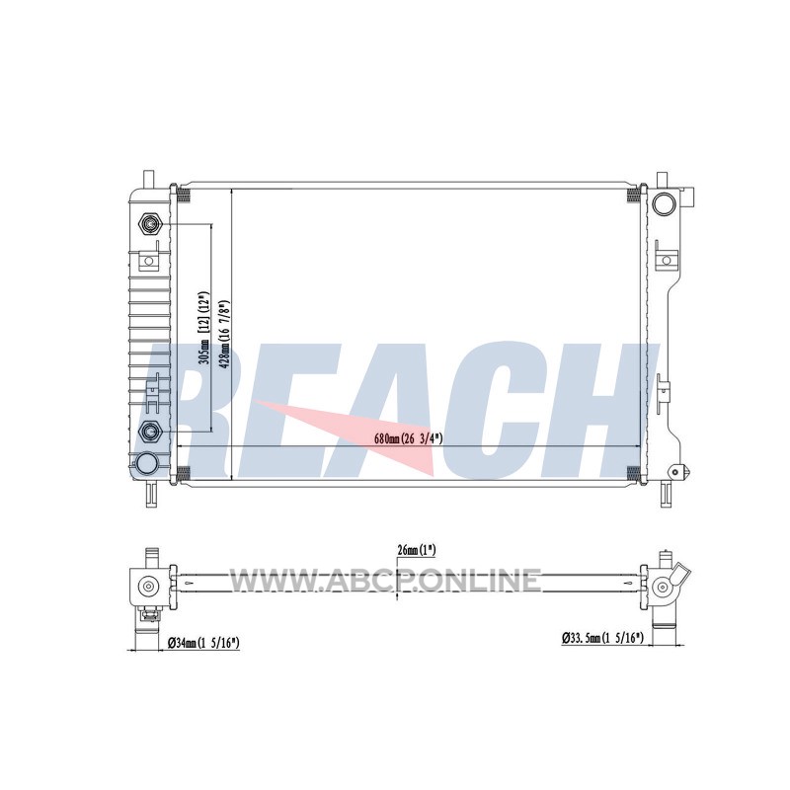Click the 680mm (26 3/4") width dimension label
point(408,438)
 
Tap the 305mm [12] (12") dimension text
point(204,327)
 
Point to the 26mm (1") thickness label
point(416,550)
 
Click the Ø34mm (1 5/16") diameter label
point(202,643)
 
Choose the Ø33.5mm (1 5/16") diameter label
point(602,638)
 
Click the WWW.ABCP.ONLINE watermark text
point(385,580)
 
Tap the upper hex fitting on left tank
point(149,223)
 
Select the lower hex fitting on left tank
point(149,431)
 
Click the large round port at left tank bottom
point(146,463)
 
